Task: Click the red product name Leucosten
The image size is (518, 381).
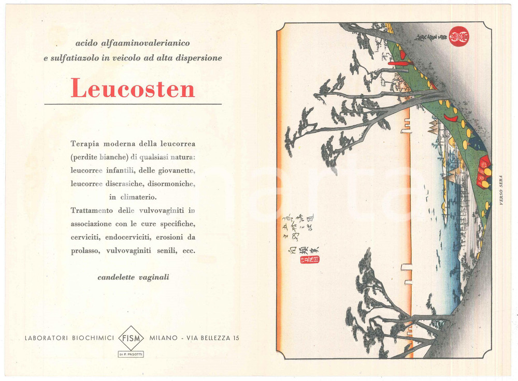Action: pos(133,88)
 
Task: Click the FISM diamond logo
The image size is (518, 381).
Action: pos(131,338)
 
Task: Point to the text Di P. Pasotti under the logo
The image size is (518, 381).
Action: pos(131,354)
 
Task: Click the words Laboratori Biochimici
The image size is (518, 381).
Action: pos(69,338)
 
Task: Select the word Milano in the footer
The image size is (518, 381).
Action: pos(163,338)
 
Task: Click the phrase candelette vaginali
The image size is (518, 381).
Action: pos(133,277)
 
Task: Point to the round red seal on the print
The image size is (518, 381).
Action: pos(458,36)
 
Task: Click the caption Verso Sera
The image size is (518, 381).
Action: pos(501,190)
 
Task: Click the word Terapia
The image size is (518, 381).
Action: pos(85,143)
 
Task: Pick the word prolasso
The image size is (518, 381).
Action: pos(85,251)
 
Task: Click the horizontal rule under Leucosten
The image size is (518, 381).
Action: pos(133,104)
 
